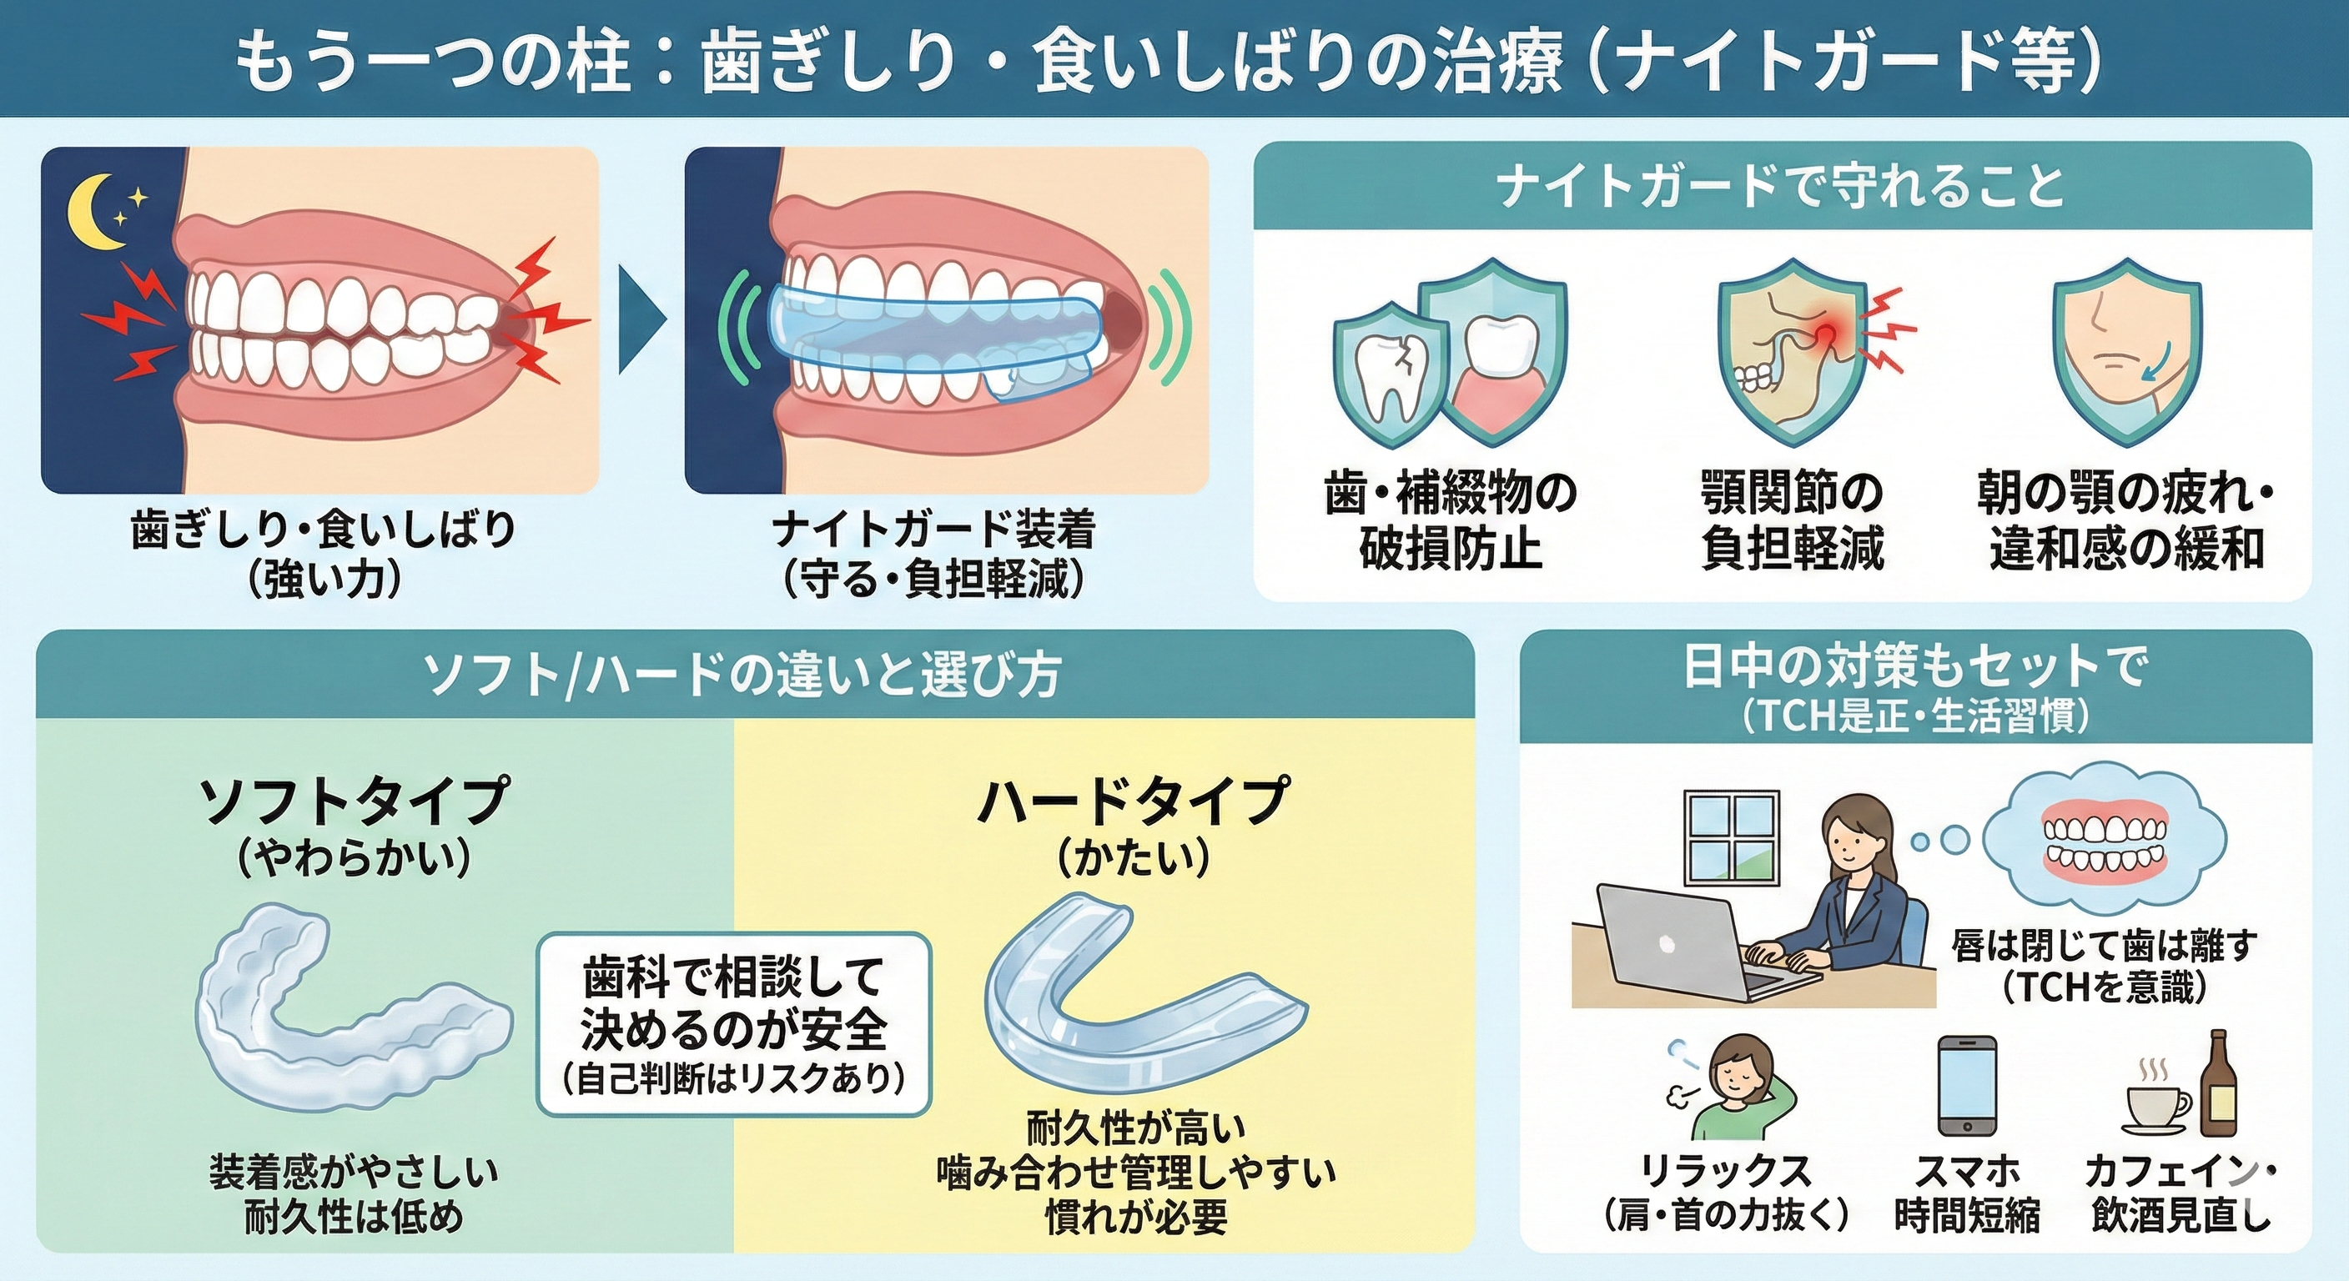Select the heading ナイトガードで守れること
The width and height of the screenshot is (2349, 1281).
[x=1780, y=187]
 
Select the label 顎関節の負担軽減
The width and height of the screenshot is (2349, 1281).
[x=1792, y=520]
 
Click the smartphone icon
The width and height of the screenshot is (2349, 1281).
[x=1966, y=1086]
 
